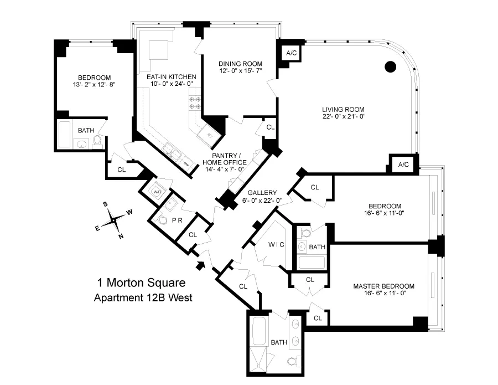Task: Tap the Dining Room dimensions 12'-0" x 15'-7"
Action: [240, 71]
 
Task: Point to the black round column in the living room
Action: [391, 67]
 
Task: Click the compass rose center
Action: [113, 220]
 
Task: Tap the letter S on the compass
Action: [105, 204]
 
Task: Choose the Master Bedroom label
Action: [383, 286]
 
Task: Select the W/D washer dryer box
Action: [157, 192]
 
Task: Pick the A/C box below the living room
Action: [403, 164]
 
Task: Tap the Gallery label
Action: [262, 193]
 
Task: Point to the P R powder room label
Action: [177, 220]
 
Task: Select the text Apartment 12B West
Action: [143, 298]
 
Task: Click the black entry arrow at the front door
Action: [201, 264]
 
